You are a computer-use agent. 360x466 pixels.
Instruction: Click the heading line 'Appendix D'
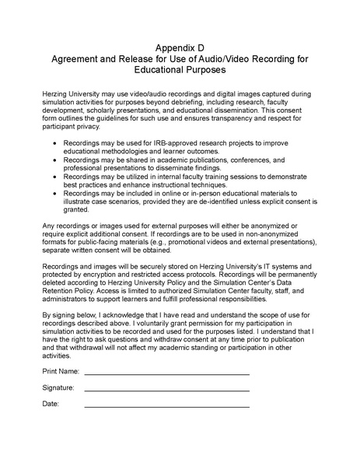click(x=180, y=46)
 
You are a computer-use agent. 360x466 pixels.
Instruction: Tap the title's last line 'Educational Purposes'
click(x=180, y=69)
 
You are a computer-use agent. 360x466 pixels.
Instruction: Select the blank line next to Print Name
click(x=166, y=373)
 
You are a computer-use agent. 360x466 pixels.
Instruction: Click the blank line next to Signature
click(x=166, y=389)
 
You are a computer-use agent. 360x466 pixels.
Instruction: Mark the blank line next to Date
click(x=166, y=405)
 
